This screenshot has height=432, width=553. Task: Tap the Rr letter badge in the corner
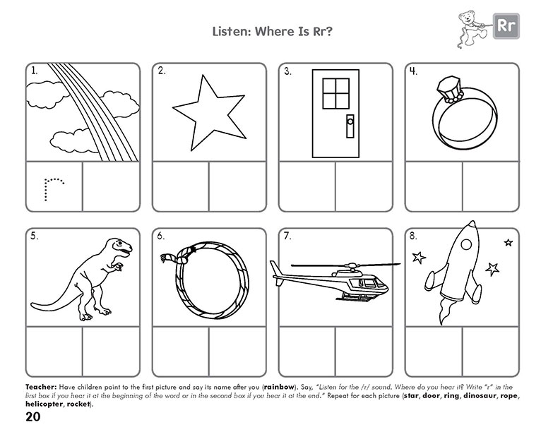point(505,27)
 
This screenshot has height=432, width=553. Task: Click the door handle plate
point(349,128)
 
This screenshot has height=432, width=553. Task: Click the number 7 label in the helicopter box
point(287,236)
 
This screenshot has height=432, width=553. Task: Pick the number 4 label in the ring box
point(413,71)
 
